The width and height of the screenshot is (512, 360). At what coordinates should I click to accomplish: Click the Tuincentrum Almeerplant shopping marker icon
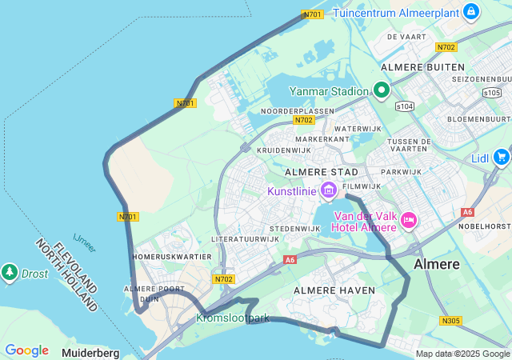pyautogui.click(x=471, y=12)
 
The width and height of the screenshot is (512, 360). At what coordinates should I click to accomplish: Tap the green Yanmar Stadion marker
pyautogui.click(x=382, y=90)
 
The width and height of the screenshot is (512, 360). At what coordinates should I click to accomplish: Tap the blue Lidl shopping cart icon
pyautogui.click(x=502, y=157)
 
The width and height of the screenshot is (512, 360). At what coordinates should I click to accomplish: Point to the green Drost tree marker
pyautogui.click(x=10, y=273)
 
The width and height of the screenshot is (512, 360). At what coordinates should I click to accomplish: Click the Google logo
pyautogui.click(x=26, y=350)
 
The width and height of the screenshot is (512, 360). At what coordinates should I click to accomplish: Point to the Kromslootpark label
pyautogui.click(x=233, y=318)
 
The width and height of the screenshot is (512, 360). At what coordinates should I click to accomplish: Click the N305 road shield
pyautogui.click(x=450, y=321)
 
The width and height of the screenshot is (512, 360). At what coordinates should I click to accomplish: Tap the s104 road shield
pyautogui.click(x=405, y=106)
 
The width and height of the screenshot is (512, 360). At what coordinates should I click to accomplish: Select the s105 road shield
pyautogui.click(x=492, y=94)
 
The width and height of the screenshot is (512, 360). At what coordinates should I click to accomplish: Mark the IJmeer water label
pyautogui.click(x=85, y=242)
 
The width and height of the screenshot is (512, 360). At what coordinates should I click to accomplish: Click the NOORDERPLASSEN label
pyautogui.click(x=298, y=110)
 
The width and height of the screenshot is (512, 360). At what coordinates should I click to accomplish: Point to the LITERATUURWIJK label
pyautogui.click(x=244, y=239)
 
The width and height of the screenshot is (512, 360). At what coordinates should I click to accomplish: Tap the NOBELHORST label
pyautogui.click(x=486, y=226)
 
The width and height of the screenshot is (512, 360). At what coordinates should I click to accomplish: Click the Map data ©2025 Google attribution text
pyautogui.click(x=462, y=354)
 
